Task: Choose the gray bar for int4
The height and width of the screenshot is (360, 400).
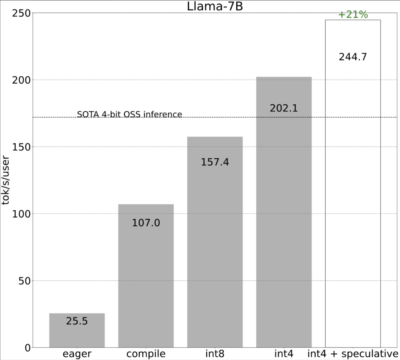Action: point(284,222)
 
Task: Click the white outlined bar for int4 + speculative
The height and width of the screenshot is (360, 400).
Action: point(353,185)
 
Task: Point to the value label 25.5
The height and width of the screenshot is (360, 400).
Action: point(77,321)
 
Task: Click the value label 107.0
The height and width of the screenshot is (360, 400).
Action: point(146,223)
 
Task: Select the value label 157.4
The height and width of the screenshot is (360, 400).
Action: point(215,162)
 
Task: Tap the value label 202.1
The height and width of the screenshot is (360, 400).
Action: point(284,108)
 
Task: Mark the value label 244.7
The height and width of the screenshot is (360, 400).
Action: point(353,57)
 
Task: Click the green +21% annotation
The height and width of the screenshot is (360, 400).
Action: point(353,15)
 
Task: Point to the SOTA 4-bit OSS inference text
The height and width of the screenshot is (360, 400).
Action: point(130,114)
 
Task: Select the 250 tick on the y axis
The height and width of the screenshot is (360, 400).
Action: point(21,13)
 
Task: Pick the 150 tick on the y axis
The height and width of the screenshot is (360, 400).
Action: point(21,147)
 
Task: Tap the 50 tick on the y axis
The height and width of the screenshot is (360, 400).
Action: point(24,281)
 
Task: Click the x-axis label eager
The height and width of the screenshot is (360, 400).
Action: point(77,354)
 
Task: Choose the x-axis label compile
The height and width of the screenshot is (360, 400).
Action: point(146,354)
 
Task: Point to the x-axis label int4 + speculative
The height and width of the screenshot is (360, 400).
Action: point(353,354)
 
